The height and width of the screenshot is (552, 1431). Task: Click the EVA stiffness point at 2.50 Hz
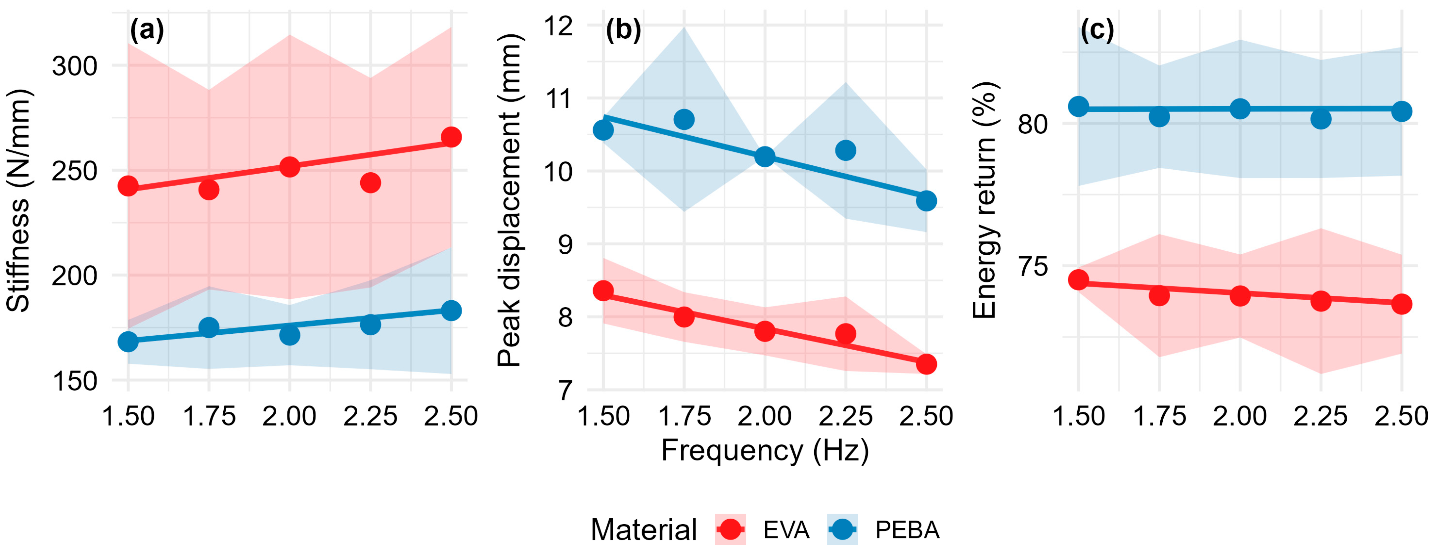tap(451, 137)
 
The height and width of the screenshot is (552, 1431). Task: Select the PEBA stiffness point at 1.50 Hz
tap(128, 342)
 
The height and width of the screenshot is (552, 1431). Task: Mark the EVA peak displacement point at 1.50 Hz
tap(603, 290)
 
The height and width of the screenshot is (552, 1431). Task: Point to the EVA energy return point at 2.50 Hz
tap(1402, 304)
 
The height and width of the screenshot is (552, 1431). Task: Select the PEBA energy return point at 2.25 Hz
tap(1321, 119)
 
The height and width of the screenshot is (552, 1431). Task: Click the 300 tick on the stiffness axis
tap(74, 66)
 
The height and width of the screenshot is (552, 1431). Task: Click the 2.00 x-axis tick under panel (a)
tap(290, 416)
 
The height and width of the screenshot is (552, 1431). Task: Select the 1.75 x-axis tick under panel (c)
tap(1159, 416)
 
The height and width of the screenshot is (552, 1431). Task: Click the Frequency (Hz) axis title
tap(765, 450)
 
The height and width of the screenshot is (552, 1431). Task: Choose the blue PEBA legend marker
tap(843, 529)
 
